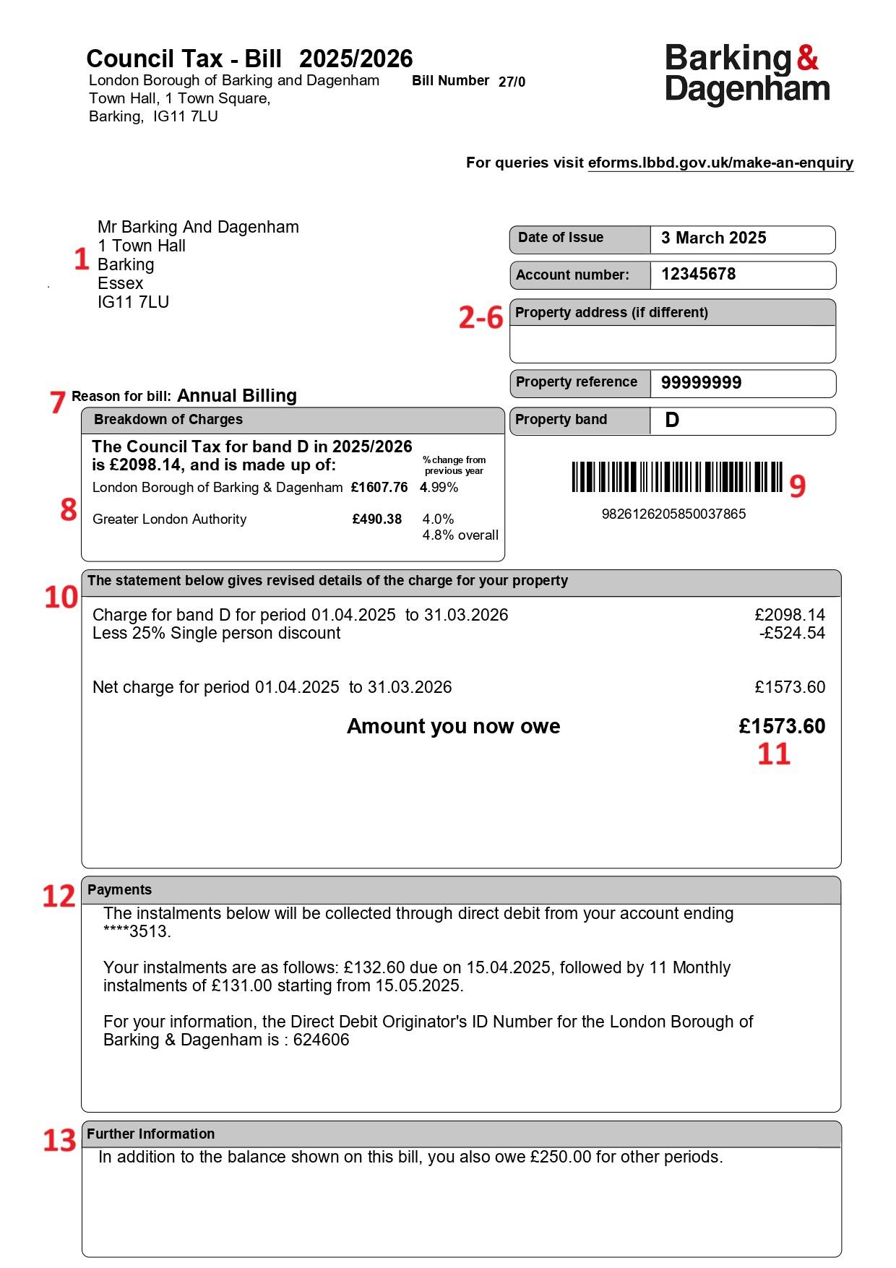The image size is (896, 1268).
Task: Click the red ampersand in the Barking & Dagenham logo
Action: [x=807, y=58]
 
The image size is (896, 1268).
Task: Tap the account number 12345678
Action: [x=698, y=275]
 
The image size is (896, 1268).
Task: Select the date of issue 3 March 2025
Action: [x=713, y=238]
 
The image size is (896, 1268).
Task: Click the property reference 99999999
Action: [x=701, y=383]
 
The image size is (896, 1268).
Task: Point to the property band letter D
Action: [x=672, y=420]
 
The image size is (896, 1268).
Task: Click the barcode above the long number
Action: [x=676, y=478]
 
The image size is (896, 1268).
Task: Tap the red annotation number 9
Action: [x=797, y=486]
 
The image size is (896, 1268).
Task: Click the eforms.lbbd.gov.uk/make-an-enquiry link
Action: [x=720, y=163]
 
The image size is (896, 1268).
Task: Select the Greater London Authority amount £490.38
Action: [x=376, y=519]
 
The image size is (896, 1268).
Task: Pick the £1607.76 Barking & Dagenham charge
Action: [x=379, y=488]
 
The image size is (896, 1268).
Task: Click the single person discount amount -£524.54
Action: [x=792, y=634]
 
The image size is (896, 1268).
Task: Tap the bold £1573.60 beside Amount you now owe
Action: [x=782, y=726]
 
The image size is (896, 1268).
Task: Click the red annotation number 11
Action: [x=773, y=754]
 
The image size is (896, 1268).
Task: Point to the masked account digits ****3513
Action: [x=137, y=932]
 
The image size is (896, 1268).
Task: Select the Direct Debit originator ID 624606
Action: [x=321, y=1040]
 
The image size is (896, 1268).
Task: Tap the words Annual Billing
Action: [x=237, y=396]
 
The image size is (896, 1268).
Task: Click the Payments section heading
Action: [x=120, y=890]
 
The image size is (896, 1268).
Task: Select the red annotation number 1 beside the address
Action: [x=82, y=259]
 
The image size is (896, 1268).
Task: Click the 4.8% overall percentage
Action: [x=460, y=535]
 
